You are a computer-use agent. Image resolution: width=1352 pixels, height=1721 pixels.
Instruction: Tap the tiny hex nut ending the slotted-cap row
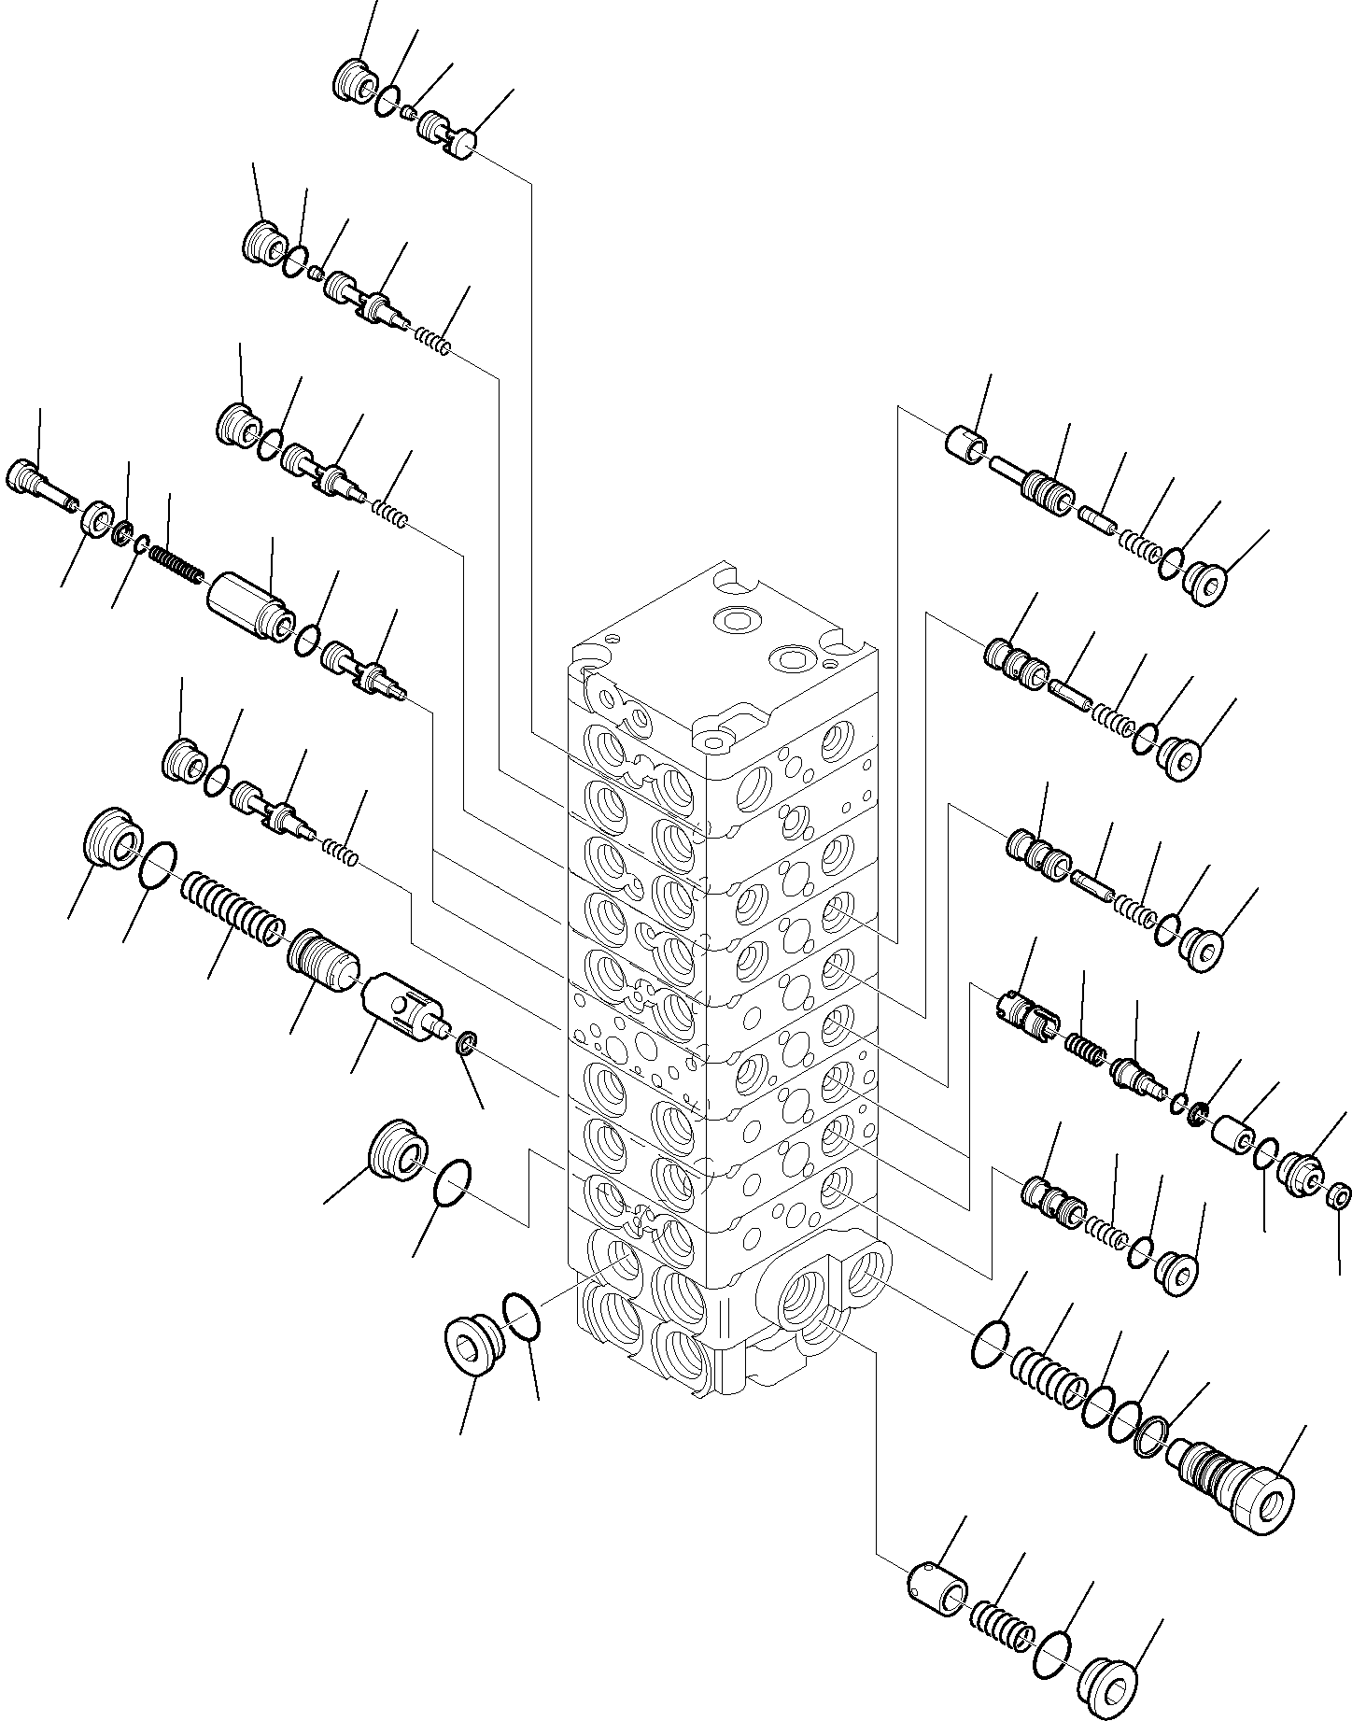coord(1339,1195)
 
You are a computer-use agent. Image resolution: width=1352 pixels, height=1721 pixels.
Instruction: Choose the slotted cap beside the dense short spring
coord(1024,1015)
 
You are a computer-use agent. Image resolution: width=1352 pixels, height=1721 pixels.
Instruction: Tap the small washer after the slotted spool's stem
coord(467,1042)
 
